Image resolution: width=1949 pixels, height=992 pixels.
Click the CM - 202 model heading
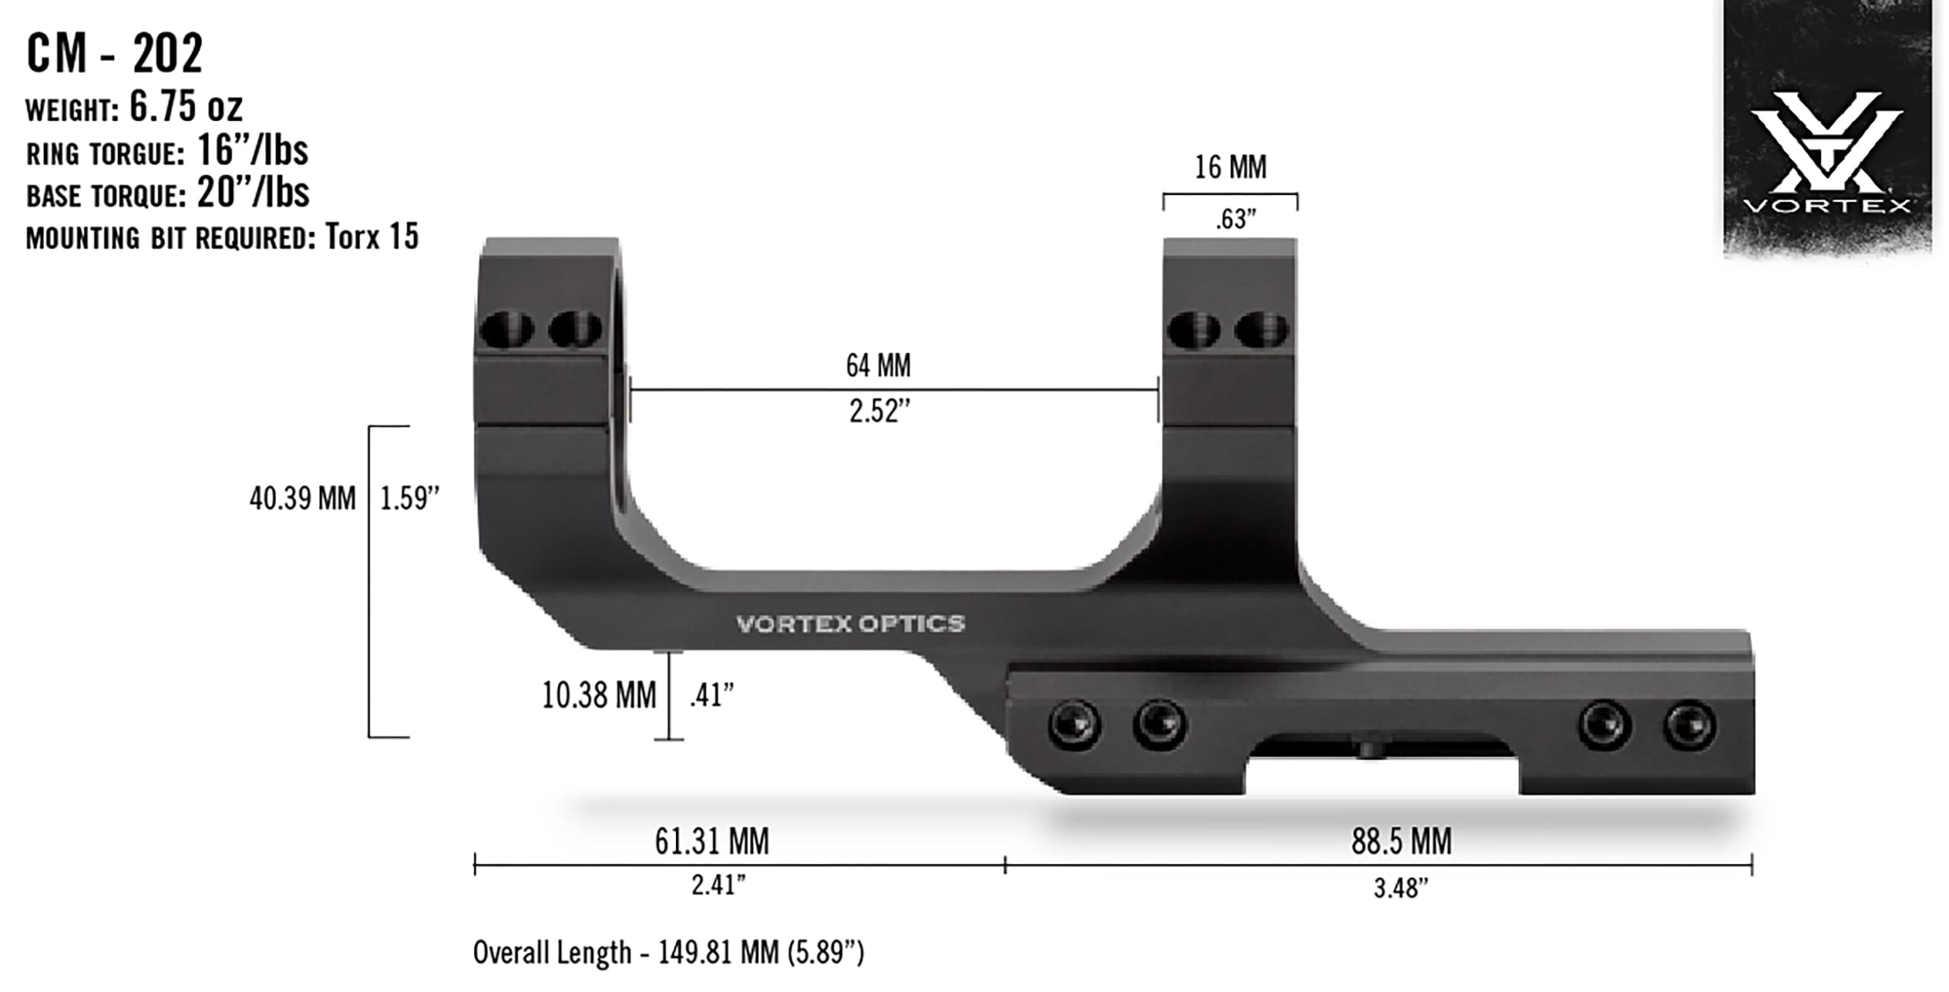click(114, 53)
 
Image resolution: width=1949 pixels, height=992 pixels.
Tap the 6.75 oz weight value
click(186, 107)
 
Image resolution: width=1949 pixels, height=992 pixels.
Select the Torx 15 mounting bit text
click(372, 237)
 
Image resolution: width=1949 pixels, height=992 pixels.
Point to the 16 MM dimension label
click(1230, 167)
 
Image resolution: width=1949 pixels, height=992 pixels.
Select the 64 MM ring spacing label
click(878, 365)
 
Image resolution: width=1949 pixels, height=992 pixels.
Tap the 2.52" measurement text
click(879, 411)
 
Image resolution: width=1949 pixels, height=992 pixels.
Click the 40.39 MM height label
click(302, 499)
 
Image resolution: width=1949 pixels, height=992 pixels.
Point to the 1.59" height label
click(410, 499)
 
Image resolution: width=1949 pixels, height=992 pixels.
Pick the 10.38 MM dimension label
click(598, 695)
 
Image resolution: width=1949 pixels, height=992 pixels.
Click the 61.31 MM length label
click(712, 841)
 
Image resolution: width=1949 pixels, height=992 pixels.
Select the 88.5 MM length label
click(1401, 841)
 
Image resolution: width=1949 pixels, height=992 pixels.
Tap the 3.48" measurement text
click(1401, 888)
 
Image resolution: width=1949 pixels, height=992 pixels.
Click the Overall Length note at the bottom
click(668, 952)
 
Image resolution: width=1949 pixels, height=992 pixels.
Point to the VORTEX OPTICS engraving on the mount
click(850, 624)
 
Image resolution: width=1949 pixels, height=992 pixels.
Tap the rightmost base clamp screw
click(1689, 725)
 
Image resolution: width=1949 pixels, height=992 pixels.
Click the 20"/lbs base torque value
click(253, 193)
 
